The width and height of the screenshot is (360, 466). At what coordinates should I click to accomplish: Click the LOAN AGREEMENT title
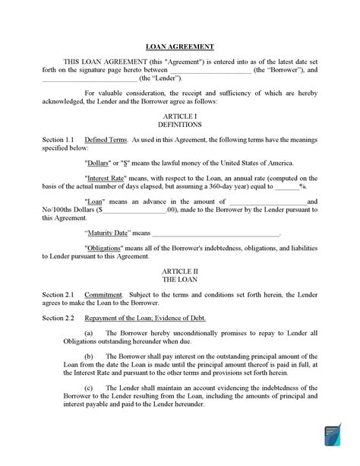[x=179, y=46]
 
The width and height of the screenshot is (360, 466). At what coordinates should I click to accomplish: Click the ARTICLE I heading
[x=179, y=115]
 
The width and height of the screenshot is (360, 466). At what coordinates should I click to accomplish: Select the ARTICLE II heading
[x=179, y=270]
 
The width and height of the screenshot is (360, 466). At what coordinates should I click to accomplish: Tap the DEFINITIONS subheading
[x=179, y=124]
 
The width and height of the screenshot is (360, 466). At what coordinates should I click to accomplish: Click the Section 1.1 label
[x=58, y=141]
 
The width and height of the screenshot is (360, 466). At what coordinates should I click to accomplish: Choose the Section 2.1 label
[x=58, y=293]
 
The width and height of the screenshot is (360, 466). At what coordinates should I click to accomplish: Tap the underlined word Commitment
[x=102, y=293]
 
